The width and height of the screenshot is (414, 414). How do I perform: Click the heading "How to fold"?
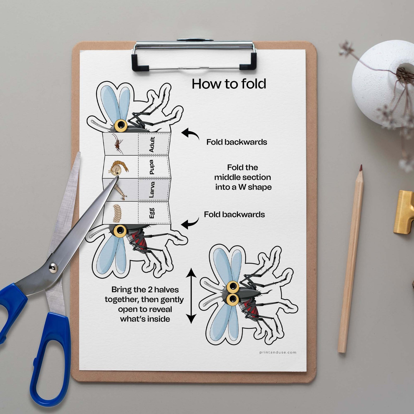tap(229, 84)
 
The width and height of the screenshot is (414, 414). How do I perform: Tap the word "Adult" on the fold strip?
tap(152, 144)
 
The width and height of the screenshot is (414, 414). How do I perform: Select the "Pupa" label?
tap(152, 167)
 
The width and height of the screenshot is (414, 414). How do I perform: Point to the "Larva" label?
tap(152, 190)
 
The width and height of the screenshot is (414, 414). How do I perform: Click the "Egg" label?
tap(152, 213)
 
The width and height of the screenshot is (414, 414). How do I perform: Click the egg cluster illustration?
tap(117, 213)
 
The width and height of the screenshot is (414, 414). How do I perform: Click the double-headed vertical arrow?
tap(191, 296)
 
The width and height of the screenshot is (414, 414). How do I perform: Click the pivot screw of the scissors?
tap(53, 267)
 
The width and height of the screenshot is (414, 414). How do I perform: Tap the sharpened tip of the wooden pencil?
tap(361, 167)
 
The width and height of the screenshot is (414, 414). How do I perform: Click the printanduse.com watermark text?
tap(278, 352)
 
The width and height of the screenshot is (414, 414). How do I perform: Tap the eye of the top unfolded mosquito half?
tap(121, 126)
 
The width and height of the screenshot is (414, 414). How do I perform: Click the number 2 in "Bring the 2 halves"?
tap(150, 290)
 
